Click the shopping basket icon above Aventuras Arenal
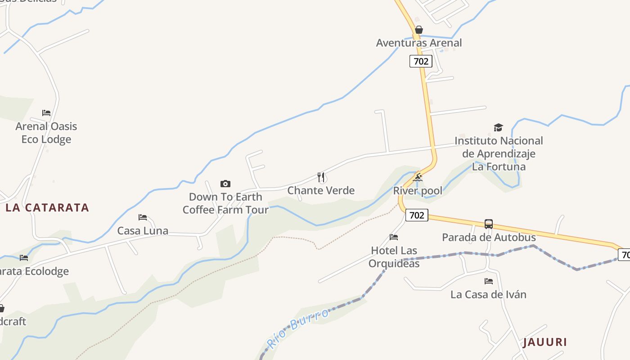tap(419, 30)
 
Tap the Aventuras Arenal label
tap(419, 43)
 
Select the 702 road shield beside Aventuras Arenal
tap(421, 61)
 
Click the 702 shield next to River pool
tap(417, 215)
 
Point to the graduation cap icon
tap(498, 128)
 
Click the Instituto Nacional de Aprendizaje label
tap(499, 153)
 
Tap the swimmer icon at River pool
tap(418, 177)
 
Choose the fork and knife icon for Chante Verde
tap(321, 177)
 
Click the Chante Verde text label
tap(321, 190)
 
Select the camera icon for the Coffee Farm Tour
tap(225, 184)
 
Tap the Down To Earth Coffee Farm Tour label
tap(225, 203)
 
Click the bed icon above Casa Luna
tap(143, 217)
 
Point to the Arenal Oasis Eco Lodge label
tap(46, 133)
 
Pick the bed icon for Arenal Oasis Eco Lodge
tap(46, 112)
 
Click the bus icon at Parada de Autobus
tap(489, 224)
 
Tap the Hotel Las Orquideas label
tap(394, 257)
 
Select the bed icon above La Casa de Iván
tap(489, 281)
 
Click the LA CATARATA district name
tap(47, 207)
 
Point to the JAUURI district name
tap(544, 342)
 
